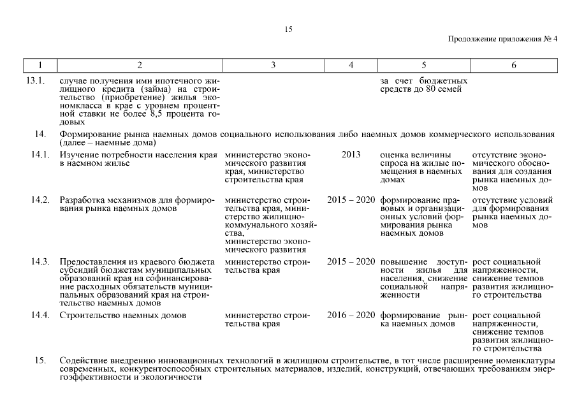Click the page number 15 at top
point(288,29)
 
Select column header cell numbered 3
point(273,65)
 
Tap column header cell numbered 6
point(513,65)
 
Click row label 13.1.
point(38,81)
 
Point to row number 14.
point(41,135)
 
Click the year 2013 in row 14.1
point(351,154)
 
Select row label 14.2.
point(40,200)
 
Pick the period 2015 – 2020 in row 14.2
point(351,200)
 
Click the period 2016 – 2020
point(351,315)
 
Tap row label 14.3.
point(40,262)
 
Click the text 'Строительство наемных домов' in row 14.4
point(122,315)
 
